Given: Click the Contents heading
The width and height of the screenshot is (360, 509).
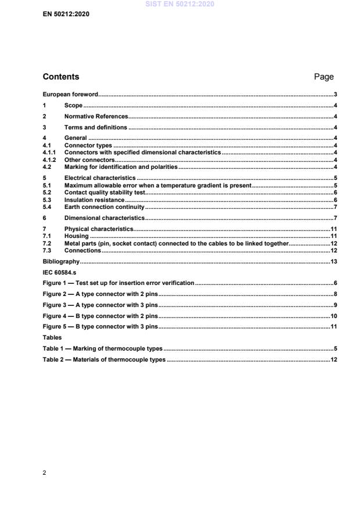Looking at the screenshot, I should (x=61, y=77).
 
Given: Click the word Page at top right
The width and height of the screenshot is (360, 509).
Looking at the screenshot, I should (x=323, y=77).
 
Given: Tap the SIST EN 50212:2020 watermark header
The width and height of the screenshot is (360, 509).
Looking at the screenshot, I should (x=180, y=4).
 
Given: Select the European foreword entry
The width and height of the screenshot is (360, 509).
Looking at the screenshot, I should (x=70, y=94).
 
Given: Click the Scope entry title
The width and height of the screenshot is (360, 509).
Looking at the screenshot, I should (x=73, y=106).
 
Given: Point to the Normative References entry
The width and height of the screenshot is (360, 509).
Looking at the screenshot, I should (x=96, y=117).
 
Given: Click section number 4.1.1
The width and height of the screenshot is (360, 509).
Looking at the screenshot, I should (x=51, y=151).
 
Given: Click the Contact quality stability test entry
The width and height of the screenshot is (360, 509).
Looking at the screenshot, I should (x=104, y=192).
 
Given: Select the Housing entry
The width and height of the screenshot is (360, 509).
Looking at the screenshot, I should (x=77, y=236).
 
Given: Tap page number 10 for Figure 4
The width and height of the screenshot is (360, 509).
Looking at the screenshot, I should (x=334, y=316).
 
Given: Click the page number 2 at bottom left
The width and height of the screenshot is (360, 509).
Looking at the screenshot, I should (x=45, y=472).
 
